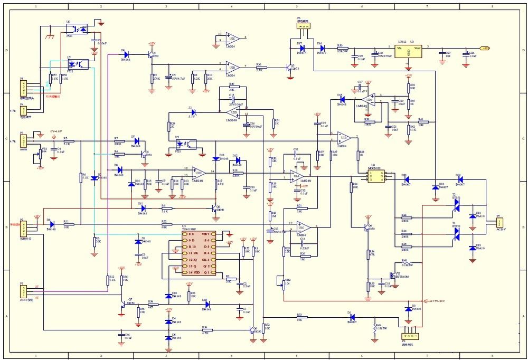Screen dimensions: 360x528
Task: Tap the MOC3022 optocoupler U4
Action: coord(375,176)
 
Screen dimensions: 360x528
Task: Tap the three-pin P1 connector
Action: coord(23,290)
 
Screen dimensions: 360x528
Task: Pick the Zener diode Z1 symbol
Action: coord(193,112)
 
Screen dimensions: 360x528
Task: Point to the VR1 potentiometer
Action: coord(36,156)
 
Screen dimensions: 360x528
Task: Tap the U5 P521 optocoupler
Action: coord(188,144)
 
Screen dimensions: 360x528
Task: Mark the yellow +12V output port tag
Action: coord(485,48)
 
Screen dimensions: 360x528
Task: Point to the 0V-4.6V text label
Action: coord(56,130)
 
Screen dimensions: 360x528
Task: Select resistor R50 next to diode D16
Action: coord(341,48)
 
